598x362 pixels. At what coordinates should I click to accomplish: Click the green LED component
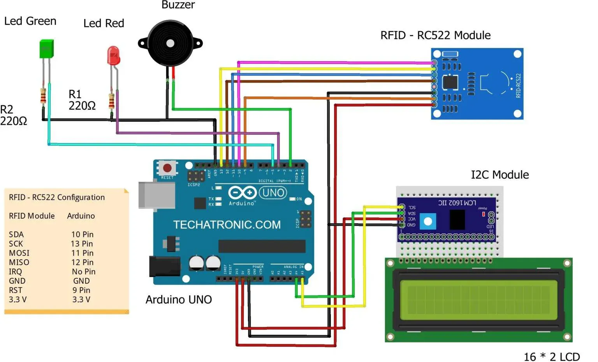click(x=46, y=49)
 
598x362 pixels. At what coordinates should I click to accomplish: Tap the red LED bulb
click(x=113, y=56)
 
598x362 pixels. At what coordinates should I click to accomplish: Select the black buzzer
click(x=170, y=43)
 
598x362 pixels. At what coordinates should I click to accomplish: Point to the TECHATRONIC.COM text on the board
click(x=227, y=225)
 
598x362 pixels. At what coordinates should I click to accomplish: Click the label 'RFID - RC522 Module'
click(x=435, y=35)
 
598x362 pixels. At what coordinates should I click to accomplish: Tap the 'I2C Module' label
click(x=500, y=175)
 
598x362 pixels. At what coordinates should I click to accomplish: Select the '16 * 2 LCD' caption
click(x=552, y=357)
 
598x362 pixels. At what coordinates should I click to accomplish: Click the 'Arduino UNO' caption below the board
click(x=179, y=300)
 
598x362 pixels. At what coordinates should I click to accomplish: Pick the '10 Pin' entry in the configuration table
click(x=82, y=235)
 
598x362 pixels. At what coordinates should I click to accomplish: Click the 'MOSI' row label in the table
click(x=19, y=253)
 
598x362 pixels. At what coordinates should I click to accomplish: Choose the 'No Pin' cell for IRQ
click(x=83, y=272)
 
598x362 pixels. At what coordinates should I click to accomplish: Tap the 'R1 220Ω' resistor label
click(x=82, y=100)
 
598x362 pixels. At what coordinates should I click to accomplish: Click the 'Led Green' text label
click(x=30, y=21)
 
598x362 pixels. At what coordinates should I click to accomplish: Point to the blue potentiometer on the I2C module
click(x=428, y=222)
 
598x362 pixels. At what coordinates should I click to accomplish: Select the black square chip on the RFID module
click(x=450, y=82)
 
